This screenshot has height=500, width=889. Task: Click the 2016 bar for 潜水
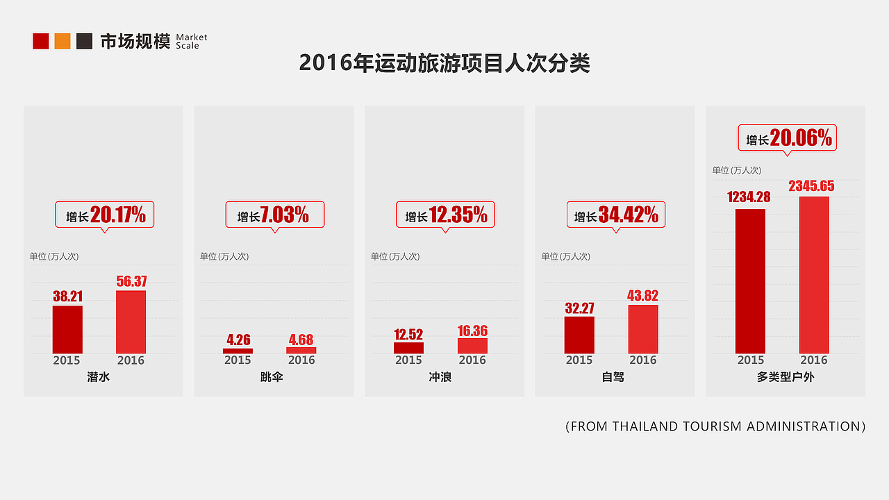(x=131, y=322)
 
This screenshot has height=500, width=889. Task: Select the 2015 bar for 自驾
(x=579, y=335)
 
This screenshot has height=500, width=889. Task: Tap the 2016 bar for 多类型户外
(x=814, y=275)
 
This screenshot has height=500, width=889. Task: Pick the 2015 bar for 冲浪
(x=408, y=348)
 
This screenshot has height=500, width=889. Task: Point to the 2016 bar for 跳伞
(x=301, y=351)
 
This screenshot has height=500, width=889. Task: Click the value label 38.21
(x=67, y=297)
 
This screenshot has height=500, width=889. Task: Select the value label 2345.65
(x=811, y=186)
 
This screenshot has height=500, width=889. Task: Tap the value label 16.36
(x=472, y=331)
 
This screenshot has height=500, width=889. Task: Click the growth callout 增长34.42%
(x=616, y=215)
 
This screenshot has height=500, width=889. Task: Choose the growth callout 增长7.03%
(x=275, y=215)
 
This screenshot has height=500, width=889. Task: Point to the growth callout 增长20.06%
(x=787, y=138)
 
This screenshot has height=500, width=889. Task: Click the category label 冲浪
(x=440, y=378)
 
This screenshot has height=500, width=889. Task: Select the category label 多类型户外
(x=786, y=378)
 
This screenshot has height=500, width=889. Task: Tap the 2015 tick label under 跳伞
(x=238, y=360)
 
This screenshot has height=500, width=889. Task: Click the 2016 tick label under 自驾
(x=643, y=360)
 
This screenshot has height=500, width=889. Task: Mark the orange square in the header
(x=63, y=41)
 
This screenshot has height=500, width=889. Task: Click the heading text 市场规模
(x=135, y=41)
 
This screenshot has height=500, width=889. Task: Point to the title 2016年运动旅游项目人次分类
(x=444, y=63)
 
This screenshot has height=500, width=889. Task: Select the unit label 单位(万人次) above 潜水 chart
(x=54, y=256)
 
